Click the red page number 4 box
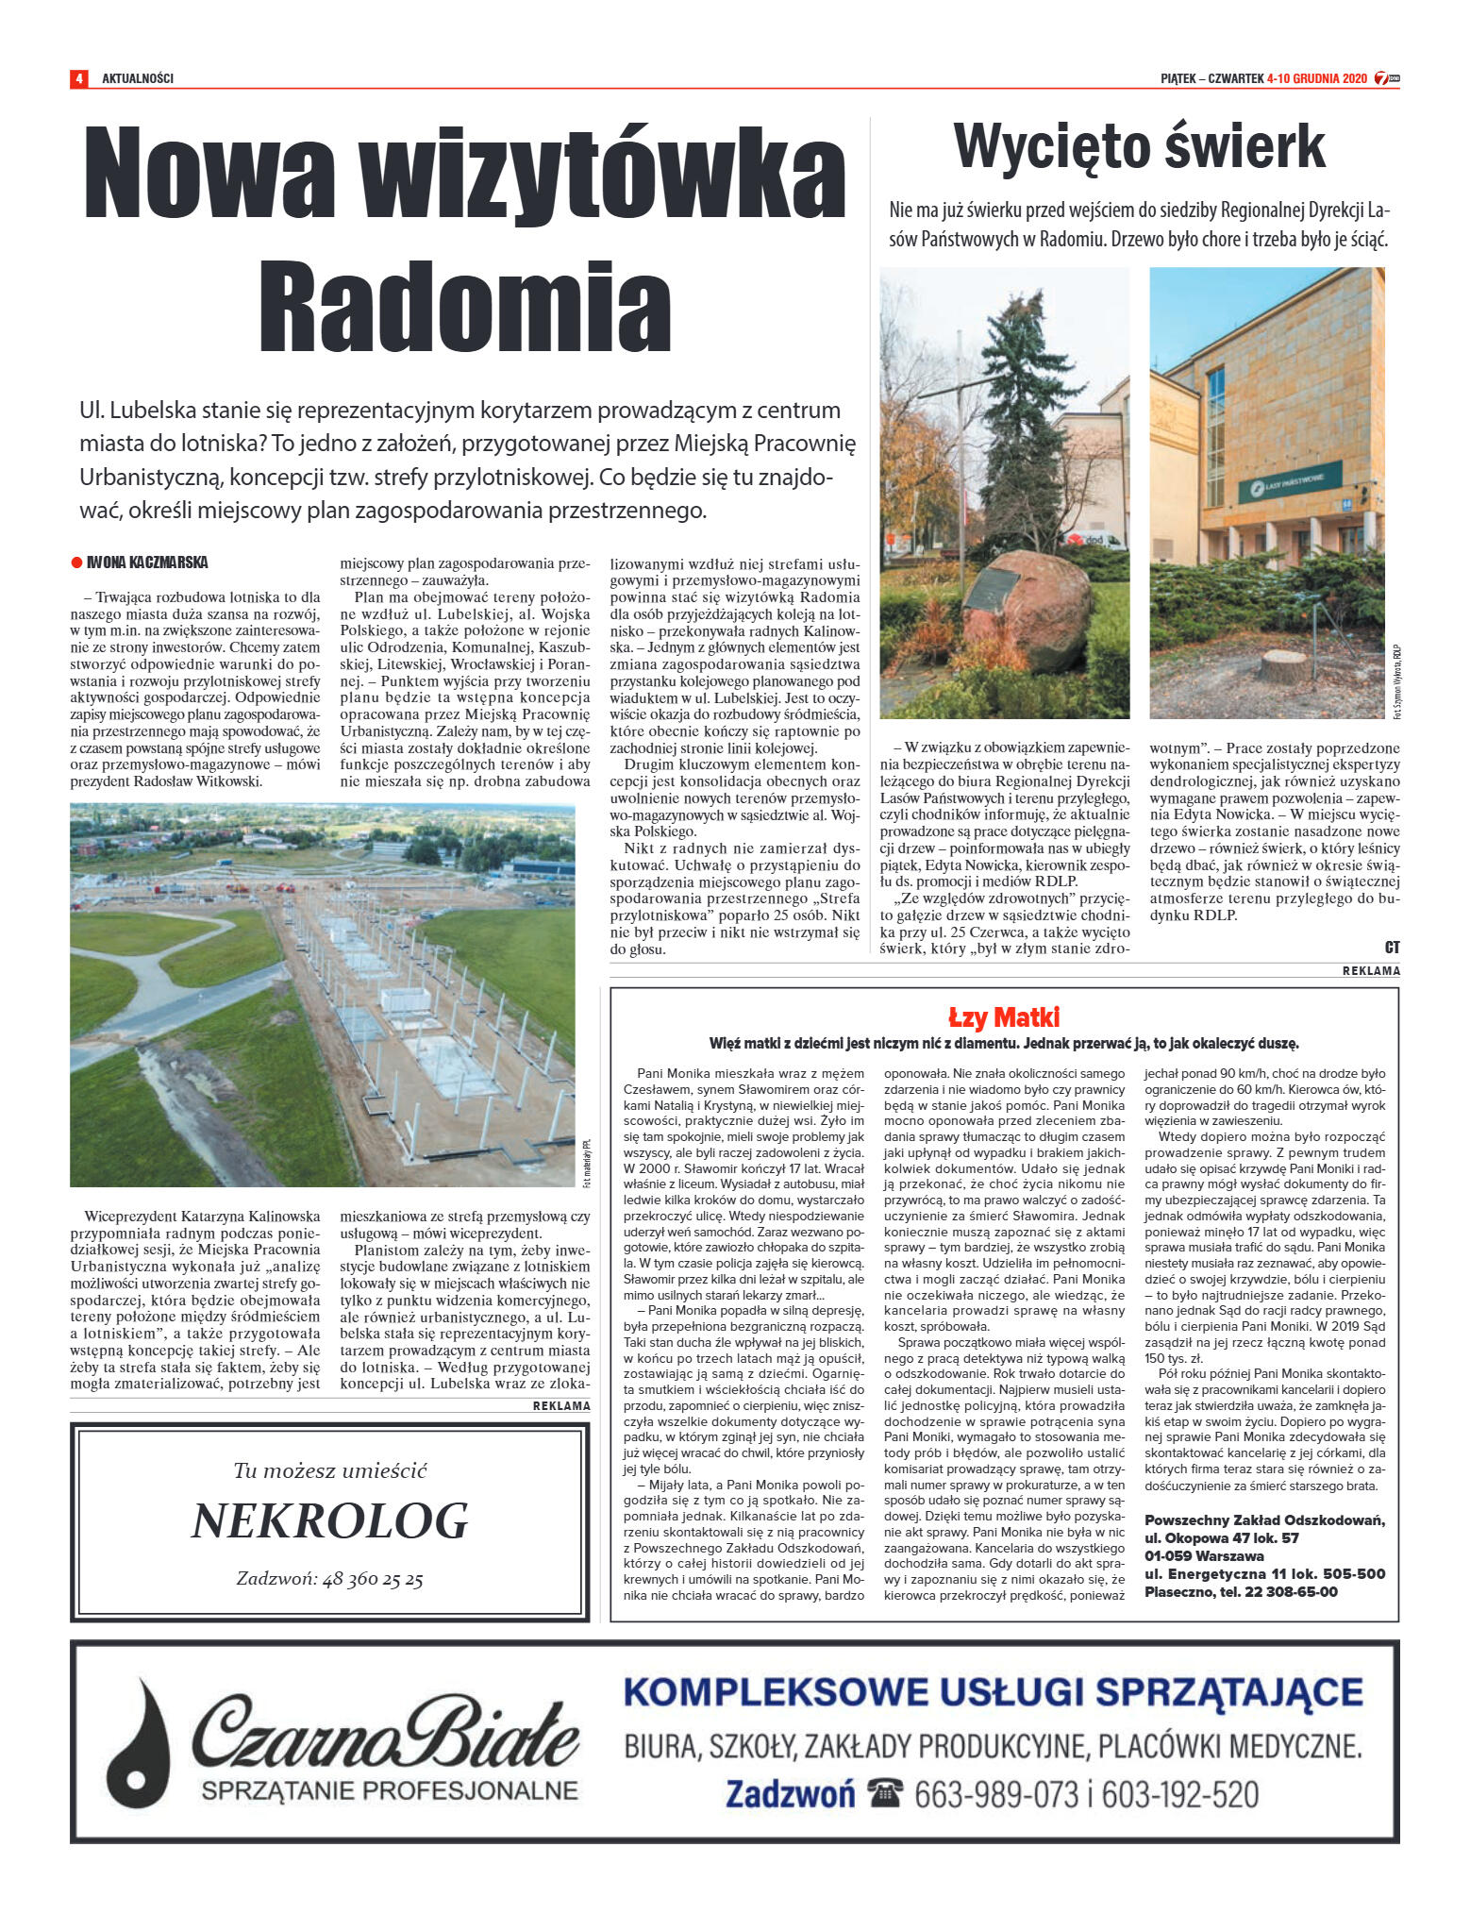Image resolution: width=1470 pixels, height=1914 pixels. [x=78, y=78]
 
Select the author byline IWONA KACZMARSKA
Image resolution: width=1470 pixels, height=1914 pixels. [x=147, y=562]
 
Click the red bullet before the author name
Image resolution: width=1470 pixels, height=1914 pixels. [x=76, y=562]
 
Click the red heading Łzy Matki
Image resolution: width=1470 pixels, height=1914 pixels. [x=1004, y=1017]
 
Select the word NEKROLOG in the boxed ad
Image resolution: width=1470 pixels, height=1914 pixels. [x=330, y=1520]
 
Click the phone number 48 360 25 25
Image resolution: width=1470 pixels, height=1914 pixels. [x=373, y=1579]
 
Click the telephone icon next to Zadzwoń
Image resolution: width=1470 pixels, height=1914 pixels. [x=885, y=1793]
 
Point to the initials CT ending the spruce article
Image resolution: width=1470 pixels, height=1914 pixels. [x=1392, y=947]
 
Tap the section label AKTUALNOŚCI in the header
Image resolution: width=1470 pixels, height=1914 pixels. [x=138, y=78]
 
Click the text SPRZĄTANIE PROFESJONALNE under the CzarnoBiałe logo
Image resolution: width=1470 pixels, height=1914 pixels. [x=389, y=1790]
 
